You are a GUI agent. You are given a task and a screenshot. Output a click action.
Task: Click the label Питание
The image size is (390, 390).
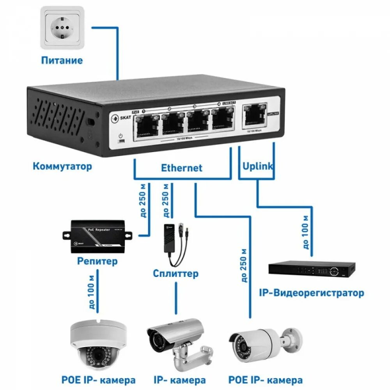[62, 60]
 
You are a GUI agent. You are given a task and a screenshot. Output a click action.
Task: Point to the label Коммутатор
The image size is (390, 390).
[62, 166]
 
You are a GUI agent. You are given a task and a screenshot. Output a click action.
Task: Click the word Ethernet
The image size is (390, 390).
[182, 168]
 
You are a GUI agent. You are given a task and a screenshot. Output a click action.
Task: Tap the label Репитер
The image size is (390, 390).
[97, 261]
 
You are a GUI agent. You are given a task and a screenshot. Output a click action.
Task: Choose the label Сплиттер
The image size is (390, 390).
[175, 273]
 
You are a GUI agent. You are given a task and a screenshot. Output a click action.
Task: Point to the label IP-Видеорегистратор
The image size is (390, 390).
[312, 293]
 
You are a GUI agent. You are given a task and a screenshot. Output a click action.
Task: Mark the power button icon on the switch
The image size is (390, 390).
[121, 136]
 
